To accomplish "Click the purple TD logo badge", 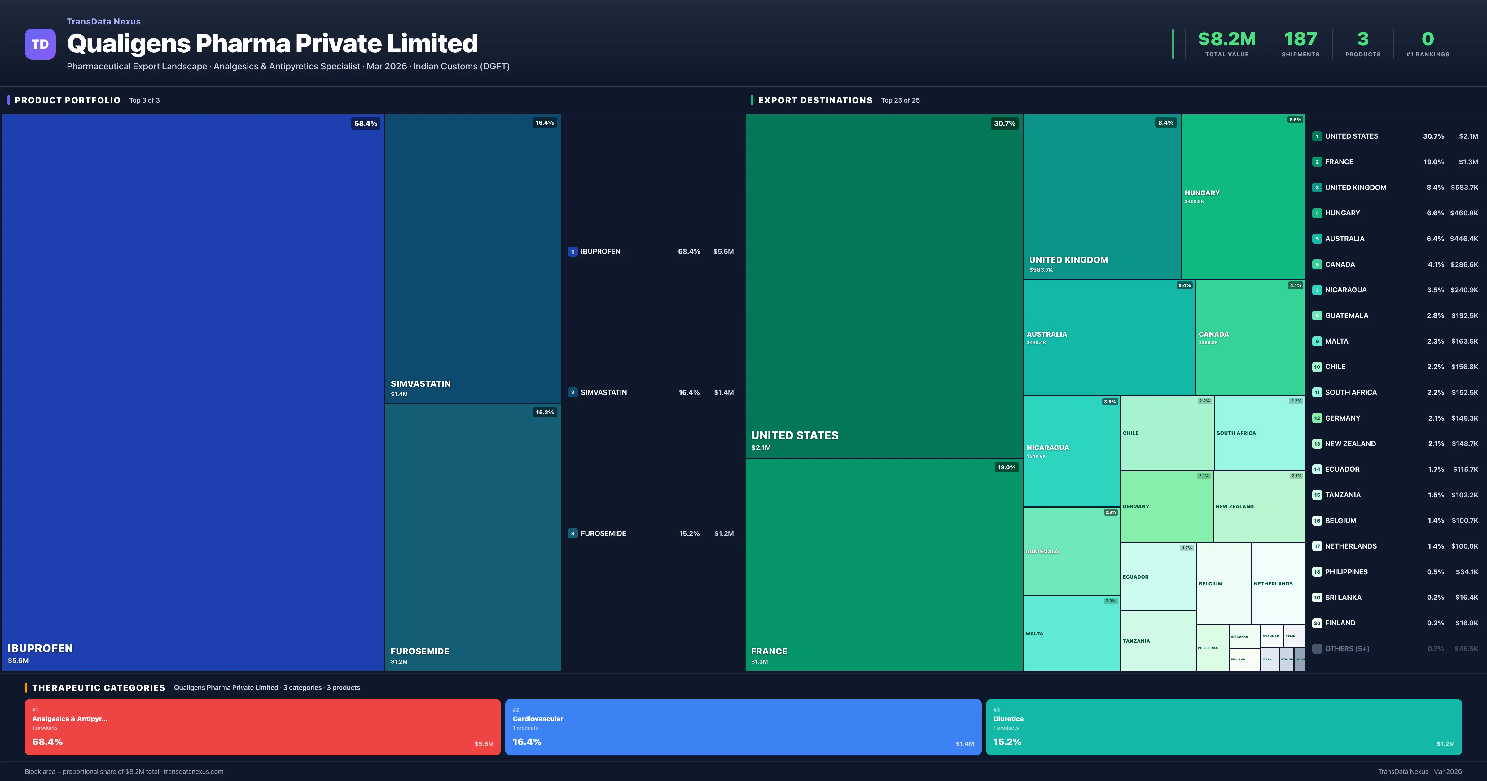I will pyautogui.click(x=40, y=44).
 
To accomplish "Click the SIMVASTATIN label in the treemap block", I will pyautogui.click(x=420, y=384).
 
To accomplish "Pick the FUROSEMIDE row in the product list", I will pyautogui.click(x=603, y=533).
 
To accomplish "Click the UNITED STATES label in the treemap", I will pyautogui.click(x=794, y=435).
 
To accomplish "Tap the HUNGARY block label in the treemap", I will pyautogui.click(x=1202, y=193).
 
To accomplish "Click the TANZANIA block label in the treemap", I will pyautogui.click(x=1136, y=641).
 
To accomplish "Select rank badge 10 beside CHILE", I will pyautogui.click(x=1317, y=367).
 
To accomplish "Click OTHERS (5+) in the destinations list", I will pyautogui.click(x=1347, y=649).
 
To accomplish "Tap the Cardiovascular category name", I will pyautogui.click(x=537, y=719).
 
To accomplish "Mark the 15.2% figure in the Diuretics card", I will pyautogui.click(x=1007, y=742).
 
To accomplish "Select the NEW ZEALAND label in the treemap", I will pyautogui.click(x=1234, y=507).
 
